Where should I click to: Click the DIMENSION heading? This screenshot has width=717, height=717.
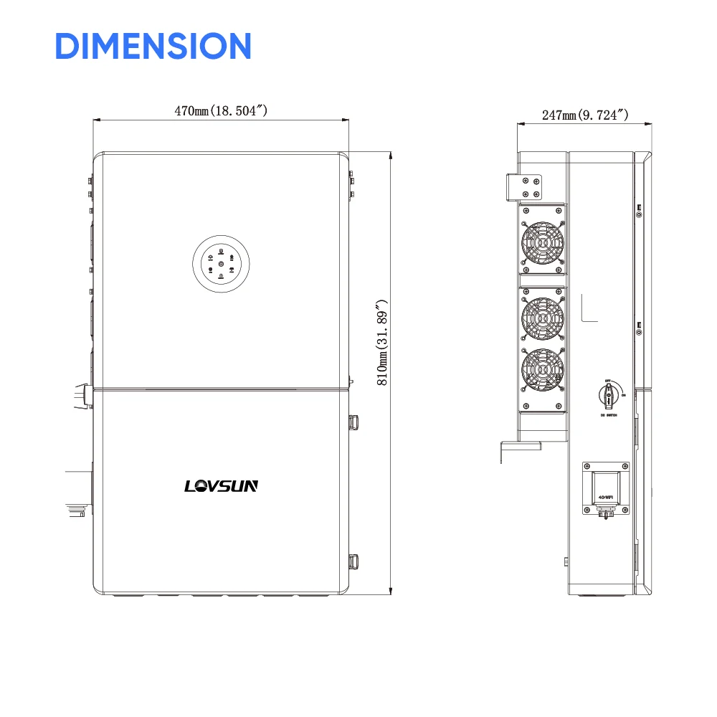point(153,46)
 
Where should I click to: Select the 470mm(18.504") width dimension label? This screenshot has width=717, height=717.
point(221,110)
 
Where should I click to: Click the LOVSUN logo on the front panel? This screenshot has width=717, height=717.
point(221,486)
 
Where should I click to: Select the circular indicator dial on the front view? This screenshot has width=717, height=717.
point(221,265)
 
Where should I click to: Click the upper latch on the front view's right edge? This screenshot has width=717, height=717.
point(353,422)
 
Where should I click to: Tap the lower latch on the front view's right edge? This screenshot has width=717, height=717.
point(353,563)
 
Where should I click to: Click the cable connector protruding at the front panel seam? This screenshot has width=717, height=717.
point(80,397)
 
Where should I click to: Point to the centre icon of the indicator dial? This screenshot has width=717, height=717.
point(221,265)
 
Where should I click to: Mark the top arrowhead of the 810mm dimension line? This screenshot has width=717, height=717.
point(389,155)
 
